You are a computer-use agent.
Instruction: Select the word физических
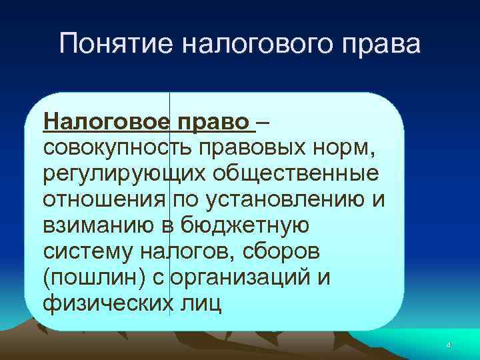tap(103, 303)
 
